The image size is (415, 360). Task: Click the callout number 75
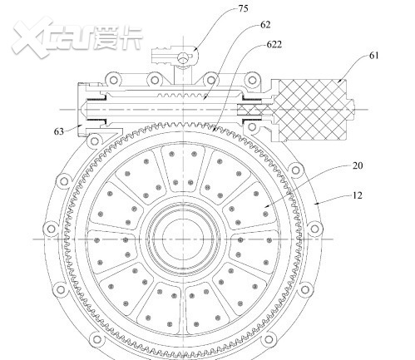pyautogui.click(x=243, y=8)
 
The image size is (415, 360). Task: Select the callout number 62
pyautogui.click(x=265, y=25)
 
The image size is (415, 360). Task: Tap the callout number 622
pyautogui.click(x=274, y=44)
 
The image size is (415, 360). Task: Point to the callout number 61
pyautogui.click(x=374, y=56)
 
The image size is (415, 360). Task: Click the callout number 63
pyautogui.click(x=59, y=131)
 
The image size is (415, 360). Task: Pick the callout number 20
pyautogui.click(x=358, y=165)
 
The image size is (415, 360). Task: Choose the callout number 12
pyautogui.click(x=358, y=195)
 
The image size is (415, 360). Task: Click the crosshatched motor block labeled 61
pyautogui.click(x=313, y=111)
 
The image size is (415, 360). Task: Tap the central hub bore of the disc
pyautogui.click(x=183, y=239)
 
